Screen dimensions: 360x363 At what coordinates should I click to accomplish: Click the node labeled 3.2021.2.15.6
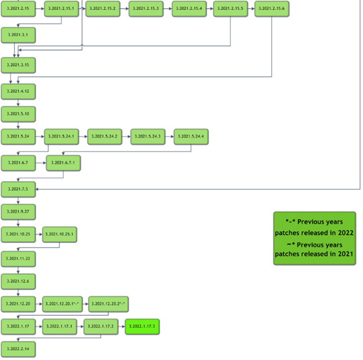(272, 9)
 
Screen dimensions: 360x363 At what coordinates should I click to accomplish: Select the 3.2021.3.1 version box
(18, 36)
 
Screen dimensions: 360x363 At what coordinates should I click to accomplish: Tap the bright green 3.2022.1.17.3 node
(142, 326)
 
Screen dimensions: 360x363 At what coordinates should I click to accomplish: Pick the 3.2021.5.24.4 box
(191, 136)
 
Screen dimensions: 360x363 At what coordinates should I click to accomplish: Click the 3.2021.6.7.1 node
(63, 163)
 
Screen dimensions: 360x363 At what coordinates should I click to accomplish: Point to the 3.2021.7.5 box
(18, 189)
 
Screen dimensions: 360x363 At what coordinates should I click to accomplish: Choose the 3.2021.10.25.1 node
(59, 234)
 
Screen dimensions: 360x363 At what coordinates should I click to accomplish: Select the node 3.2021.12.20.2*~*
(108, 303)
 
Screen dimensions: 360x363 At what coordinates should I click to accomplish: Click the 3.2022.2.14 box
(18, 348)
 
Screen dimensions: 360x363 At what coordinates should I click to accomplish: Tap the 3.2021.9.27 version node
(18, 211)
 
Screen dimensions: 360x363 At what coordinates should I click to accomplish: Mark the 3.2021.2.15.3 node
(146, 9)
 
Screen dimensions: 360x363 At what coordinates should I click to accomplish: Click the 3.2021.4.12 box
(18, 91)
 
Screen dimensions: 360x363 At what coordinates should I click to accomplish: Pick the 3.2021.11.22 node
(18, 258)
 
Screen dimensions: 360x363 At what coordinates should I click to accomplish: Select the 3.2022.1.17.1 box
(60, 326)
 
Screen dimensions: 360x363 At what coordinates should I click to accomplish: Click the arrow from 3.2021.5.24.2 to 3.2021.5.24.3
(126, 137)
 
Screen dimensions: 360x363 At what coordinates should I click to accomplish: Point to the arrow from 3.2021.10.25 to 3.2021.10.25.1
(39, 234)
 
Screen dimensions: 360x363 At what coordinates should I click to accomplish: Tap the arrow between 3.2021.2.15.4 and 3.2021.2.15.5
(210, 9)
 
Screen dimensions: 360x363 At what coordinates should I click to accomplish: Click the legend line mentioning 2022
(314, 232)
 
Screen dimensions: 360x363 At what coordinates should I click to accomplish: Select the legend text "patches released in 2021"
(314, 254)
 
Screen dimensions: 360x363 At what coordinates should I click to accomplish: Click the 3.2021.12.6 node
(18, 281)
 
